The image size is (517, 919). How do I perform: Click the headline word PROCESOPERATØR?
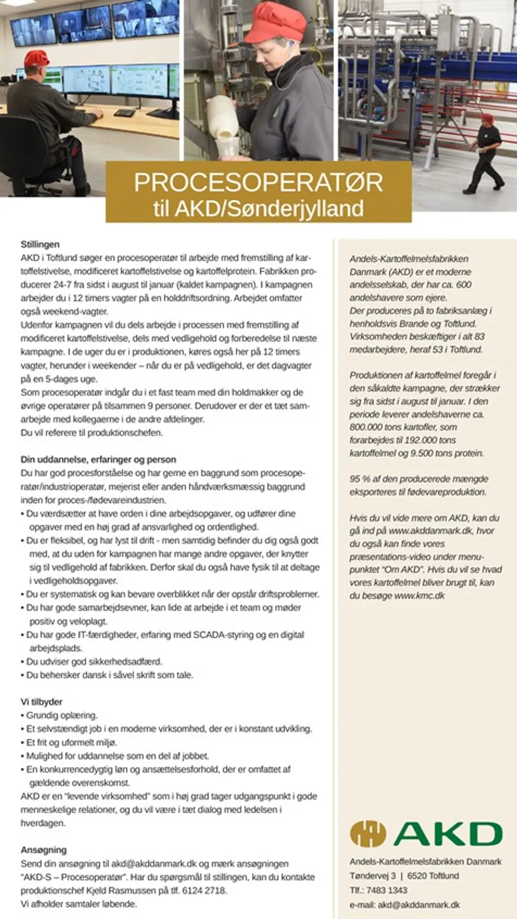point(258,183)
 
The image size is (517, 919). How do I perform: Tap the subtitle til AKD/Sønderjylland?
point(258,208)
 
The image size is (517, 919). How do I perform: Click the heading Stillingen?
point(40,244)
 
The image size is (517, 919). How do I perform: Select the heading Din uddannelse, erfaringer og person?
point(98,459)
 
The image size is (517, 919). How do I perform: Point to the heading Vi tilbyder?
point(41,702)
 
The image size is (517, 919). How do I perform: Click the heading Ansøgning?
point(43,850)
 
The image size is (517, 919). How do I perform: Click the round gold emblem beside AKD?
point(368,834)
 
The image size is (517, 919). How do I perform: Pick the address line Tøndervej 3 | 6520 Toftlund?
point(404,876)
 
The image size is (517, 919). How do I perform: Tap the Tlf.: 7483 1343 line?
point(378,890)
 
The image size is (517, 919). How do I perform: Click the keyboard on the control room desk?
point(124,112)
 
